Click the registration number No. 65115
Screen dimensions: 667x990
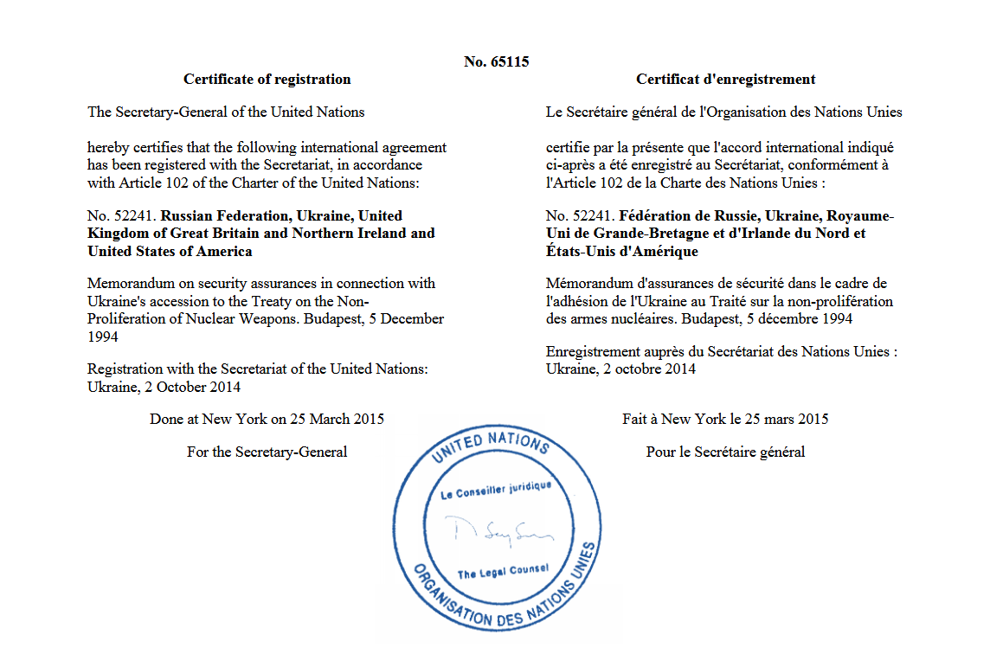pyautogui.click(x=496, y=61)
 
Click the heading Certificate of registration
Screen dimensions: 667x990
pyautogui.click(x=267, y=79)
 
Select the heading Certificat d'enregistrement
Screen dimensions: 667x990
pyautogui.click(x=725, y=79)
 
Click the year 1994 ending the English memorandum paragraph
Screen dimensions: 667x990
pyautogui.click(x=104, y=337)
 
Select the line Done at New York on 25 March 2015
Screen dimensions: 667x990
pyautogui.click(x=267, y=419)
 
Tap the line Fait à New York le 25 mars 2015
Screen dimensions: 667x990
pyautogui.click(x=725, y=419)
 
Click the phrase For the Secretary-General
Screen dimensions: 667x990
pyautogui.click(x=267, y=452)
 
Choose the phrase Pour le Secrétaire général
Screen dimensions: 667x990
pyautogui.click(x=725, y=452)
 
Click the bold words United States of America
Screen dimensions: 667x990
pyautogui.click(x=170, y=251)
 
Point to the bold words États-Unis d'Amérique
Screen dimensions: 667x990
pyautogui.click(x=622, y=251)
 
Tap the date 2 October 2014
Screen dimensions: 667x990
pyautogui.click(x=190, y=387)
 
